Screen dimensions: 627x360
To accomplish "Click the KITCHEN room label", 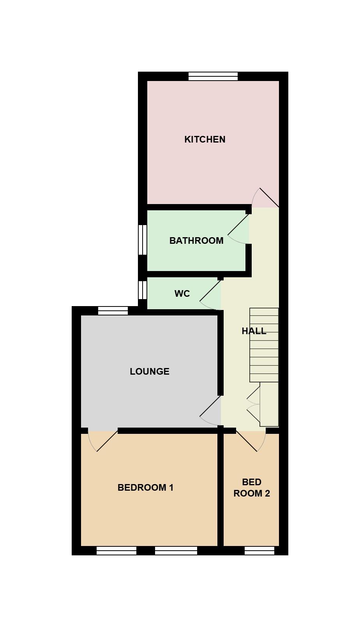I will tap(205, 139).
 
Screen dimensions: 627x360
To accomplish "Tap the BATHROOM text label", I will tap(196, 241).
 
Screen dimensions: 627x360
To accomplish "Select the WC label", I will tap(182, 294).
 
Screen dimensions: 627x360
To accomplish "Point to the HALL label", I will tap(254, 331).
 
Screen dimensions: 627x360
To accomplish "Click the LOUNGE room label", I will tap(150, 372).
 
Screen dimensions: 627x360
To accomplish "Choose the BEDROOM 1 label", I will tap(145, 488).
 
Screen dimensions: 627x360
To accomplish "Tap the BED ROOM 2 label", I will tap(252, 488).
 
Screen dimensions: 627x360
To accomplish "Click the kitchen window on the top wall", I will tap(213, 76).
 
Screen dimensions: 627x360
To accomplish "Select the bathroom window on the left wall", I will tap(143, 240).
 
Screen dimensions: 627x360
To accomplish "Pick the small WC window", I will tap(143, 290).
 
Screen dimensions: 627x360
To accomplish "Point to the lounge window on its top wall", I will tap(113, 311).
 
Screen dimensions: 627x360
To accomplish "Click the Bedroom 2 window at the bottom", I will tap(259, 550).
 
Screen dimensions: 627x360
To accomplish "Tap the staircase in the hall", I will tap(264, 345).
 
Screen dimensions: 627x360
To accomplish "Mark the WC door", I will tap(211, 295).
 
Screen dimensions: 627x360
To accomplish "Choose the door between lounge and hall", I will tap(211, 410).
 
